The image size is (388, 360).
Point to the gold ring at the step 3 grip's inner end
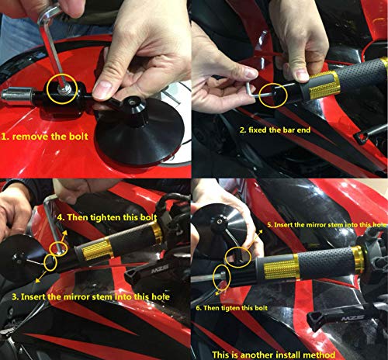(155, 234)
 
